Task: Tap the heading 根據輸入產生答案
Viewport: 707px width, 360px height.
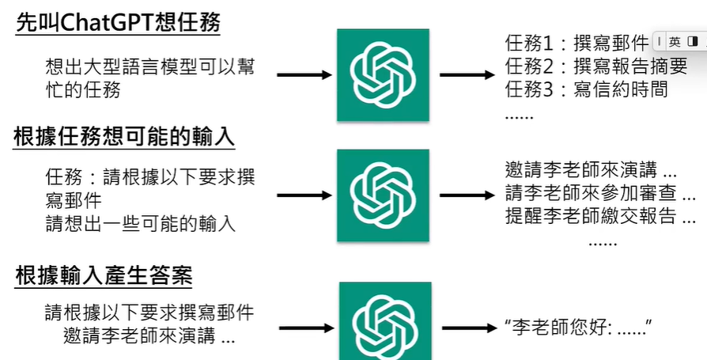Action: (x=104, y=276)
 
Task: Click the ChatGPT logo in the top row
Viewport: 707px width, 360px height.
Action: (x=383, y=75)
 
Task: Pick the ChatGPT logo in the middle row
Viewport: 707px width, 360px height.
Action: (x=383, y=195)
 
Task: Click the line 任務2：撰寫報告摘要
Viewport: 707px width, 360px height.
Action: (x=585, y=65)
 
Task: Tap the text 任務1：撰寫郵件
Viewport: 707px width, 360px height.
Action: (x=577, y=41)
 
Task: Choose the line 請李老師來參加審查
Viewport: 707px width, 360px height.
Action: (x=599, y=193)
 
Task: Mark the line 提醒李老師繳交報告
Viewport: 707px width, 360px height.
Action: (x=599, y=215)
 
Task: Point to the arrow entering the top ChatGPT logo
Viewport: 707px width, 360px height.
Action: (x=304, y=75)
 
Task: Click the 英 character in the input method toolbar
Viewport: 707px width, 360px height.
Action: (x=675, y=41)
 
